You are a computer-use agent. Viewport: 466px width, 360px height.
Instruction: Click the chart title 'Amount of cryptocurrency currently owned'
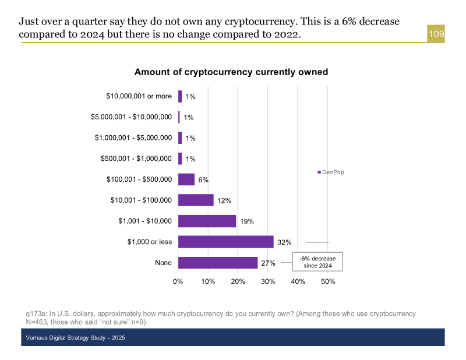[x=231, y=72]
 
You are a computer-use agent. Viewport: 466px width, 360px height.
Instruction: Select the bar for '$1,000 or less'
[x=225, y=242]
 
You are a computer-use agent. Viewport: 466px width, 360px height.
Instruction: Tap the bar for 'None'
[x=218, y=263]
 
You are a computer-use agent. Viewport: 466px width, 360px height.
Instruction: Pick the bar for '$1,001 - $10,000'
[x=207, y=221]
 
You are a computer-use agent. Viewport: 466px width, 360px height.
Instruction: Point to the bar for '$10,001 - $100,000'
[x=196, y=200]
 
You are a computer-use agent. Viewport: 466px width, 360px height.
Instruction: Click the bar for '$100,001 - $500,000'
[x=186, y=179]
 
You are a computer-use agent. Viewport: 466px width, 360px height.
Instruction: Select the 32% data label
[x=284, y=242]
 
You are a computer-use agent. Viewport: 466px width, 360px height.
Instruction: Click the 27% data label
[x=268, y=263]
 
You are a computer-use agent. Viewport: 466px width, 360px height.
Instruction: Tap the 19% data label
[x=247, y=221]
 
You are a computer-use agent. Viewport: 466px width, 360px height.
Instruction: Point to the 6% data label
[x=203, y=180]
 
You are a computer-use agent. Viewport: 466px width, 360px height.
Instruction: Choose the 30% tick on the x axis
[x=268, y=282]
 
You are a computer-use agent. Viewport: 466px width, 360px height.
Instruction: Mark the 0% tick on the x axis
[x=178, y=282]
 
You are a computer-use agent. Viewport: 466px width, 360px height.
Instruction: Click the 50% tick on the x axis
[x=328, y=282]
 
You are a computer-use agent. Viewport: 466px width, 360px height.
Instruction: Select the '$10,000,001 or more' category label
[x=139, y=96]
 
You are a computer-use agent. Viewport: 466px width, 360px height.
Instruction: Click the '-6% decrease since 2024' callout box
[x=317, y=262]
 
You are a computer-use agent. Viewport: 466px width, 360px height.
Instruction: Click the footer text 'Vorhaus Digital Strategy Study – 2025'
[x=76, y=338]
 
